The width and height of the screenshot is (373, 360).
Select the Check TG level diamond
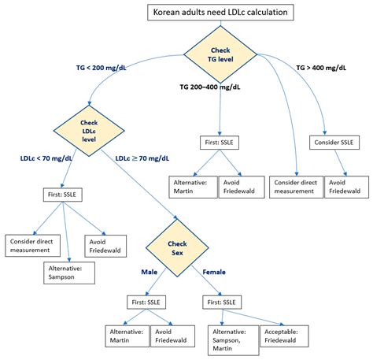[x=221, y=53]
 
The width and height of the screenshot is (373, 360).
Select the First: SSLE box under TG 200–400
[x=223, y=144]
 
